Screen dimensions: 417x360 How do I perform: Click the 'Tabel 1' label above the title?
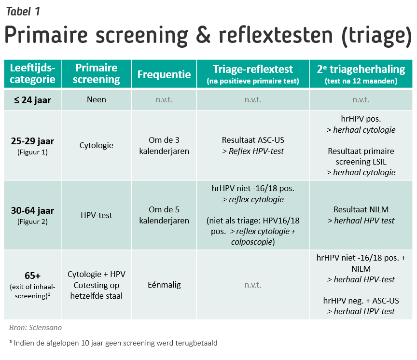click(x=23, y=11)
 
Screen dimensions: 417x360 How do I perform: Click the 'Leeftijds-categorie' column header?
click(x=32, y=74)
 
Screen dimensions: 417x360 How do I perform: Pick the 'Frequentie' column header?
click(x=164, y=75)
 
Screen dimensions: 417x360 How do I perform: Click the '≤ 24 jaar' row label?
click(x=32, y=100)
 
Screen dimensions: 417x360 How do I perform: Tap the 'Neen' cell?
click(x=97, y=100)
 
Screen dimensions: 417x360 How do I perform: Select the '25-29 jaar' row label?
click(x=32, y=141)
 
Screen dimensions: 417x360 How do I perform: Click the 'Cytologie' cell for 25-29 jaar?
click(x=97, y=146)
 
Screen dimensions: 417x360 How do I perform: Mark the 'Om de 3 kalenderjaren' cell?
click(x=164, y=146)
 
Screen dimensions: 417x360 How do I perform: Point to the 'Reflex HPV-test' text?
click(x=253, y=151)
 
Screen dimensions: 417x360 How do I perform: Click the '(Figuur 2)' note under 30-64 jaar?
click(x=32, y=222)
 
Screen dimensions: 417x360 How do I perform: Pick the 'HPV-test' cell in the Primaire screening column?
click(x=97, y=215)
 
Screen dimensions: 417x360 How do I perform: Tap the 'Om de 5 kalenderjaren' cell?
click(x=164, y=215)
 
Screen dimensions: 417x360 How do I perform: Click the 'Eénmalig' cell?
click(x=164, y=285)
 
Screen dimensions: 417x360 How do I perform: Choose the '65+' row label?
click(x=32, y=276)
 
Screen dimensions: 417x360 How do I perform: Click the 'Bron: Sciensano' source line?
click(x=35, y=328)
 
